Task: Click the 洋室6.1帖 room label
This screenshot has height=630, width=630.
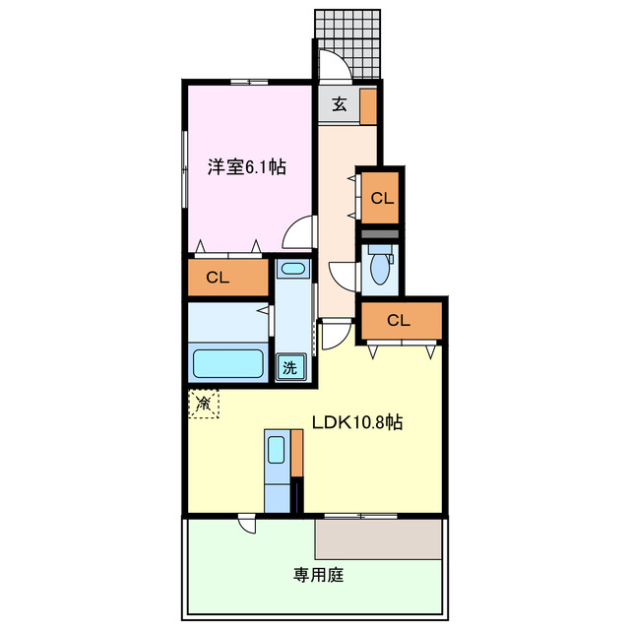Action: click(x=246, y=167)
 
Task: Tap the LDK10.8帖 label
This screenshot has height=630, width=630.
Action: click(x=357, y=423)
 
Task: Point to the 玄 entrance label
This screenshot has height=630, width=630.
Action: click(x=338, y=105)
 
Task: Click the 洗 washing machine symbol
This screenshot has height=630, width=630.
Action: click(x=290, y=368)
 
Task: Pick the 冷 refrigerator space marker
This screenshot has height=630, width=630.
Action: click(x=204, y=403)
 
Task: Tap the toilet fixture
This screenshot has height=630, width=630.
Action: click(x=378, y=264)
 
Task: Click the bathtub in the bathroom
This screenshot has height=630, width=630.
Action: click(x=229, y=362)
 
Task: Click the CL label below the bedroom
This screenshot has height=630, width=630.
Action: click(x=218, y=278)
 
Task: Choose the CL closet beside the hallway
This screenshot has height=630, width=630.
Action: click(x=381, y=198)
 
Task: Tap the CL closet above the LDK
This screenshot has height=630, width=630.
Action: click(x=398, y=319)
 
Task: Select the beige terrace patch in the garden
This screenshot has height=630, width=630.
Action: click(x=378, y=538)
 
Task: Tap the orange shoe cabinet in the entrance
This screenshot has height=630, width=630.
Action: click(x=367, y=105)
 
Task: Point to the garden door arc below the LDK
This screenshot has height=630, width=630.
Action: click(x=246, y=525)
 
